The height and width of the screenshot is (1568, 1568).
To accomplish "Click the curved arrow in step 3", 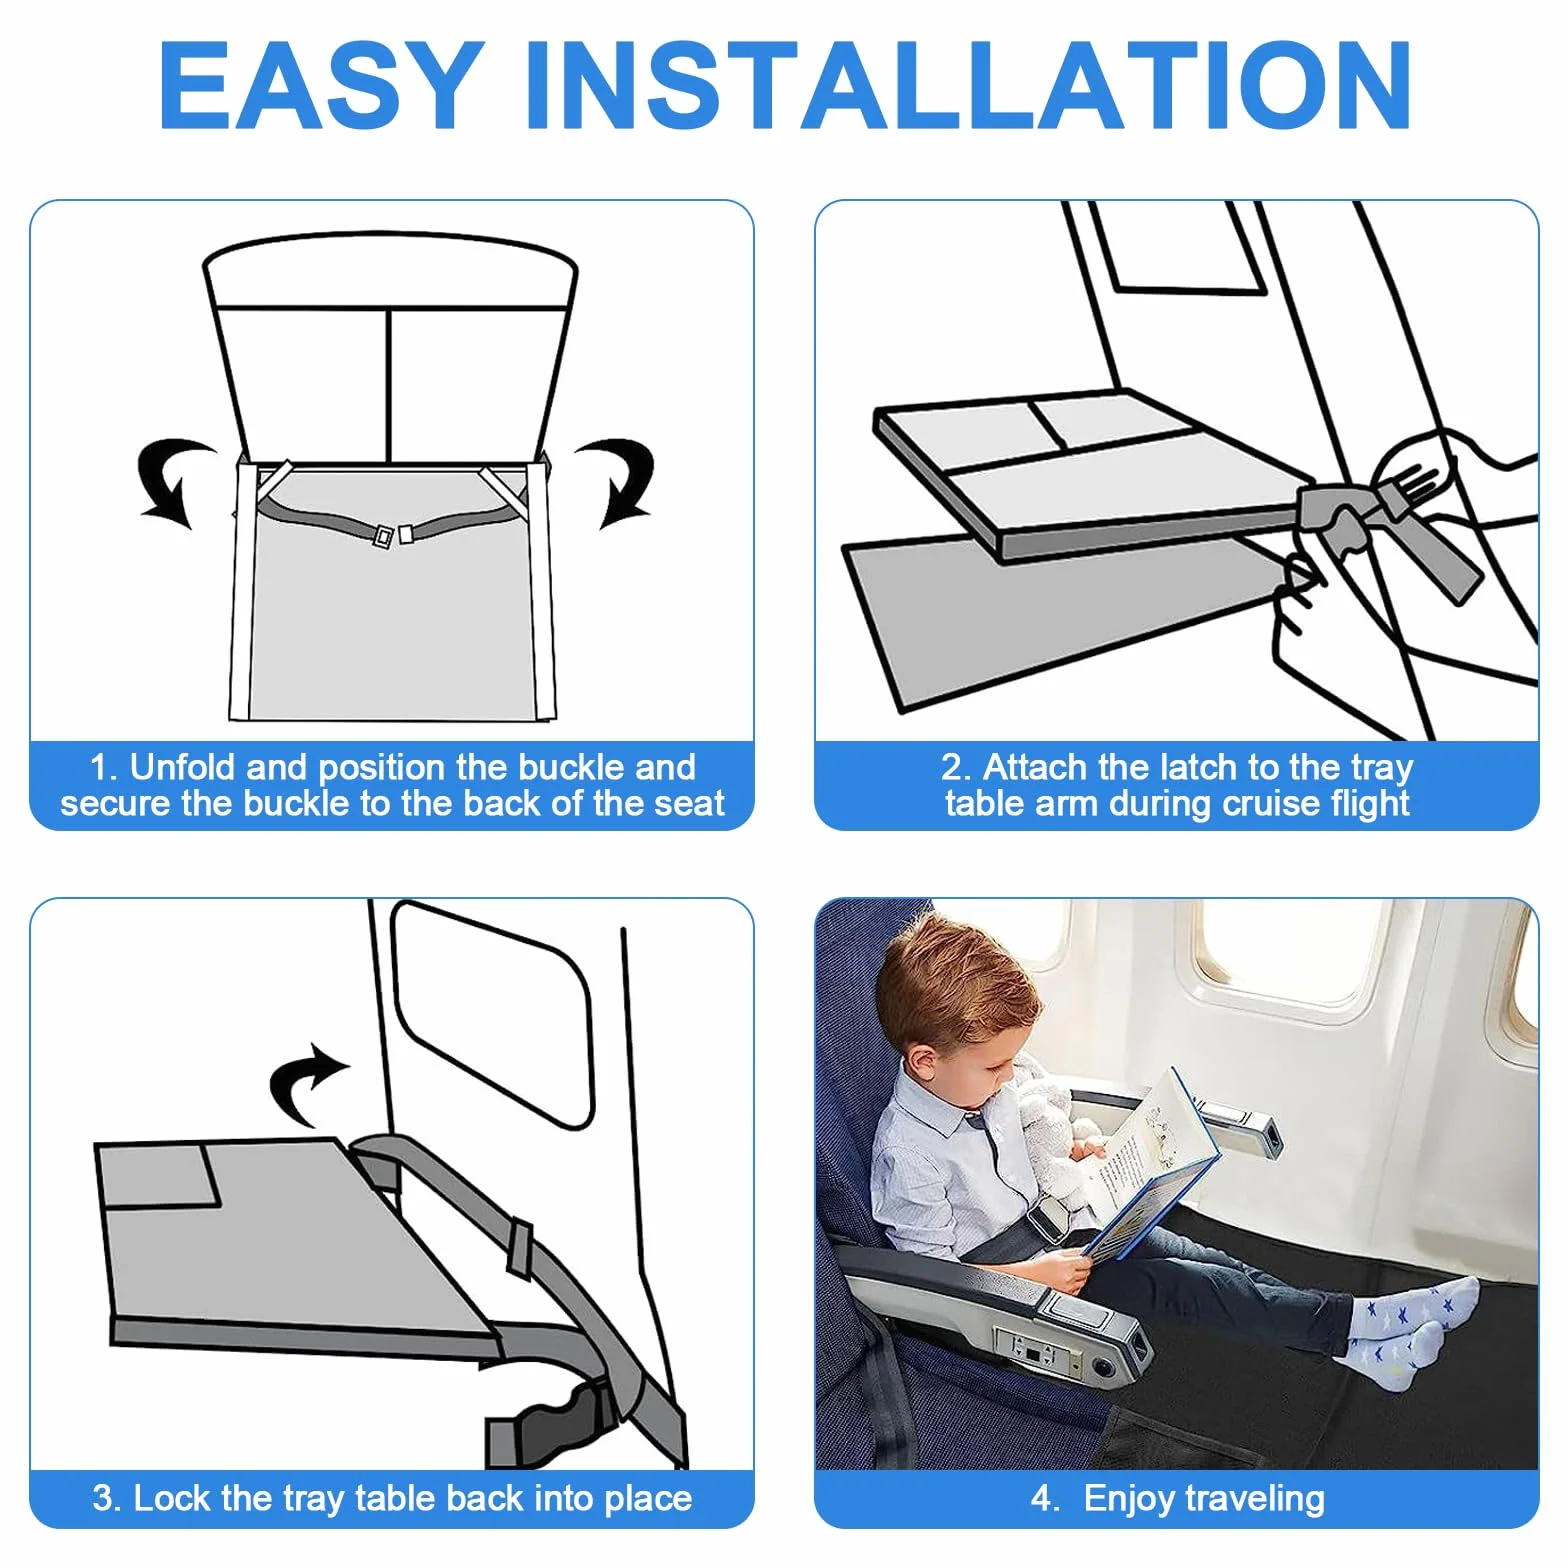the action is pos(305,1085).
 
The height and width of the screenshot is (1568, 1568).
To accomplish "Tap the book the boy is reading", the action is pos(1150,1165).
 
